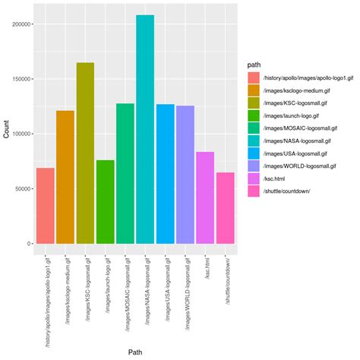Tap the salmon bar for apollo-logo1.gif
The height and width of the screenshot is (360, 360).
[x=46, y=205]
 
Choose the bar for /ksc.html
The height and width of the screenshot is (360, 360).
[x=205, y=197]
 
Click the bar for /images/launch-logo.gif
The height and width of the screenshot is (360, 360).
[x=105, y=201]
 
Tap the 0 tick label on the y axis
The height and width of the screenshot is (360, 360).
[x=29, y=244]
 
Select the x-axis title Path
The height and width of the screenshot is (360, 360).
[x=135, y=352]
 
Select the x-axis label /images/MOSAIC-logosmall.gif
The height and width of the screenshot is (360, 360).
[x=125, y=292]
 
